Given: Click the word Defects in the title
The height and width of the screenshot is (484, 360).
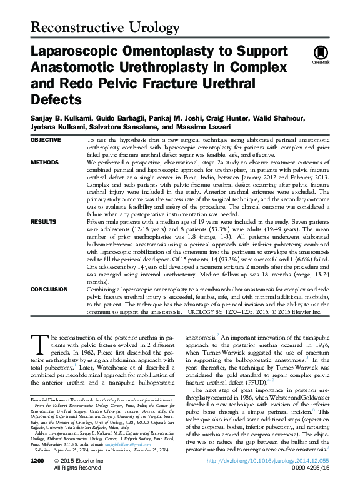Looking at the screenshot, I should coord(55,99).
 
